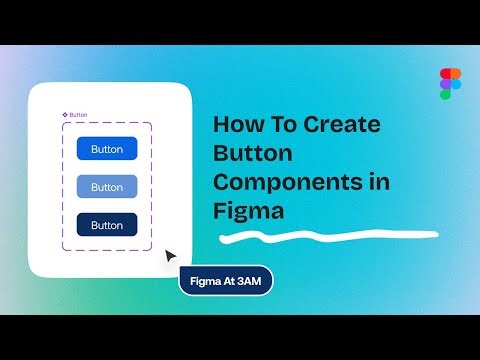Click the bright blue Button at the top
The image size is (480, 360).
107,149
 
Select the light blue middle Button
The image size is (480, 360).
107,187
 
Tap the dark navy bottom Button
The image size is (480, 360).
107,225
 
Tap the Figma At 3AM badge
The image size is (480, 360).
225,280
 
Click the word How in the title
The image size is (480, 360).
235,125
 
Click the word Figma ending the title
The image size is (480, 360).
249,211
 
